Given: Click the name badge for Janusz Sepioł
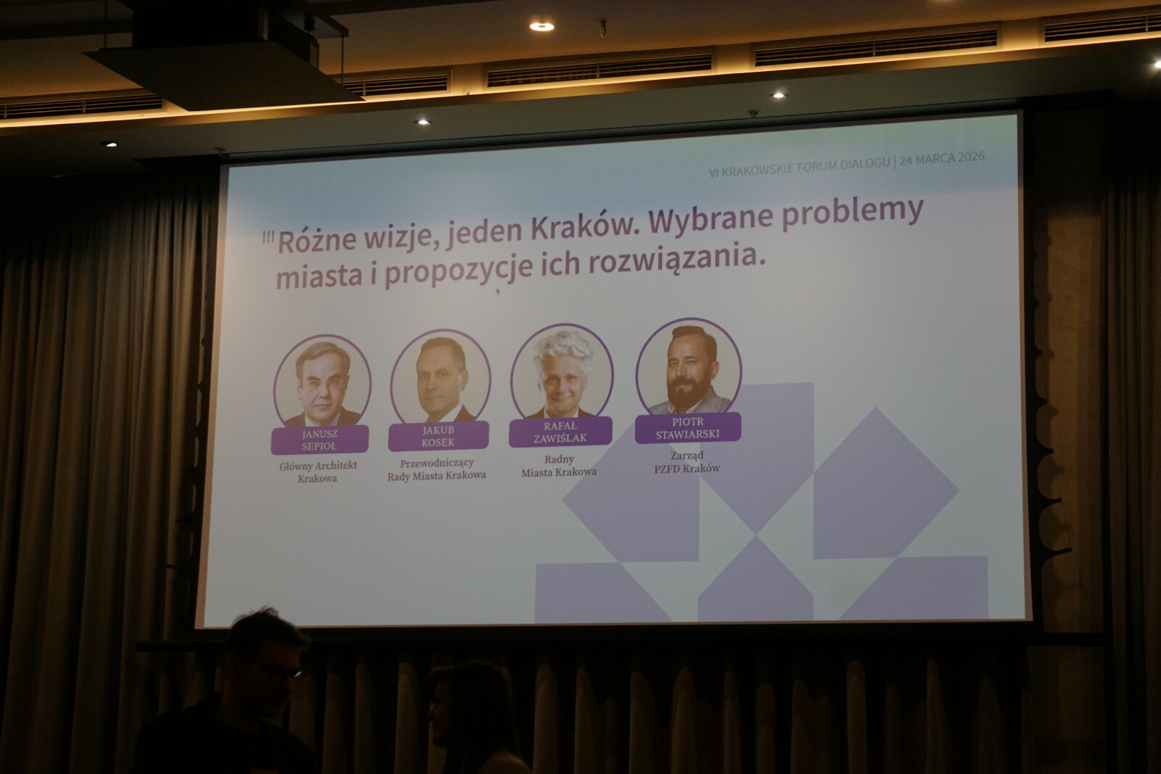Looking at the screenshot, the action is (x=320, y=440).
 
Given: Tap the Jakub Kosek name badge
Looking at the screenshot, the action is (x=438, y=436).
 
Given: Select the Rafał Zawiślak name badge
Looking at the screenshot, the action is (x=560, y=432).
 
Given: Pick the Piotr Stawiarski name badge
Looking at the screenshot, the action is (x=688, y=428).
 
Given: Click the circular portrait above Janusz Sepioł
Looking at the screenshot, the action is (x=322, y=382).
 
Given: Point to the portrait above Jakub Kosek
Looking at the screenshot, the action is (x=440, y=376).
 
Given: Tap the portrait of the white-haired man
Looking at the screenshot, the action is (x=562, y=371).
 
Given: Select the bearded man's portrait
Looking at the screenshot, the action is (x=689, y=366).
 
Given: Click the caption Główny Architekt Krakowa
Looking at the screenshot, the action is (x=319, y=472).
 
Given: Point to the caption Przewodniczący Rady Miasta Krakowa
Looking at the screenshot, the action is (x=437, y=469).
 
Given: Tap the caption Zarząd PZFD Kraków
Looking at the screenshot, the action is (x=687, y=461).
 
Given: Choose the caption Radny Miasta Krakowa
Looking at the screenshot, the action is (x=559, y=465).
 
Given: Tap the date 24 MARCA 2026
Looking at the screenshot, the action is (x=942, y=158).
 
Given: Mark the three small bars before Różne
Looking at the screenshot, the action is (x=268, y=238).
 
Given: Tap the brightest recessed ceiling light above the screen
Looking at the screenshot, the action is (x=541, y=26).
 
